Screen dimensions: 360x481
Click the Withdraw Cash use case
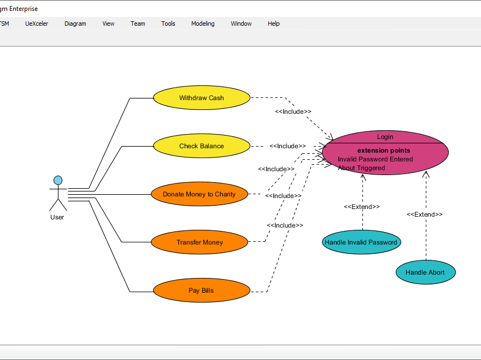(x=201, y=98)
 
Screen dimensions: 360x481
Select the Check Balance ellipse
(x=201, y=146)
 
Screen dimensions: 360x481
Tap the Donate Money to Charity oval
(x=200, y=194)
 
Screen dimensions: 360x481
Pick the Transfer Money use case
(x=200, y=242)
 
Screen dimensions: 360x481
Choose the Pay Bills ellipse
(x=201, y=291)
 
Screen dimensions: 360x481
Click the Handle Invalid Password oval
(x=361, y=242)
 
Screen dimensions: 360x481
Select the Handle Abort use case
(x=425, y=272)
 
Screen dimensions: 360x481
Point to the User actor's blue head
(x=57, y=180)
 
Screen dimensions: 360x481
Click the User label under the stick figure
(x=57, y=217)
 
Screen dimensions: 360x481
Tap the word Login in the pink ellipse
(x=385, y=137)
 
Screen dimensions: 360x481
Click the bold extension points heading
(x=384, y=150)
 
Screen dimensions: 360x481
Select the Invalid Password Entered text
(x=375, y=159)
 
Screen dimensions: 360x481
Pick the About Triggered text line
(x=361, y=168)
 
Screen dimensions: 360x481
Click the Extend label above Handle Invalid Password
(x=361, y=207)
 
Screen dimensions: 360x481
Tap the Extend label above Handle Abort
(x=425, y=214)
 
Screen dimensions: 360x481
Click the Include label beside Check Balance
(x=288, y=146)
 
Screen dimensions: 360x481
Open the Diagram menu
(x=75, y=24)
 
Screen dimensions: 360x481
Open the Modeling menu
(x=203, y=24)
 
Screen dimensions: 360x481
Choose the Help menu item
(x=273, y=24)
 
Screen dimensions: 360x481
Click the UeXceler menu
(x=37, y=24)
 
